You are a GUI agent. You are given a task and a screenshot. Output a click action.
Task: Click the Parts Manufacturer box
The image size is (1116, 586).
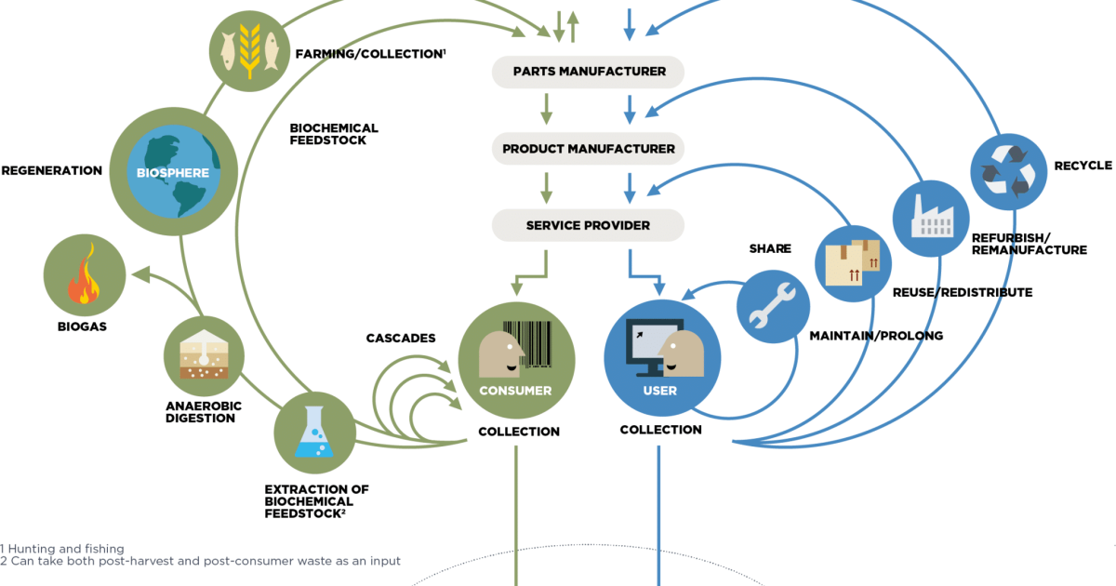click(x=588, y=72)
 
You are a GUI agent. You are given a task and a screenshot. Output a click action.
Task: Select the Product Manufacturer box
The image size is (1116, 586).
click(x=588, y=149)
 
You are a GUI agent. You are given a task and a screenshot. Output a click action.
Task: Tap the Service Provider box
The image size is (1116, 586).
click(x=588, y=225)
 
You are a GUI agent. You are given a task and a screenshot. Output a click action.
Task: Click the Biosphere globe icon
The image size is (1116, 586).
click(x=174, y=173)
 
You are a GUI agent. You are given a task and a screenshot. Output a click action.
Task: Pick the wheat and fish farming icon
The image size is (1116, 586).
click(x=248, y=51)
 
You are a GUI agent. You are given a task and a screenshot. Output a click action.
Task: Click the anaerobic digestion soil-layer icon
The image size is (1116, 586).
click(x=204, y=357)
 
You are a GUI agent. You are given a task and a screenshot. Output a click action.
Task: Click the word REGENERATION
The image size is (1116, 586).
click(x=52, y=171)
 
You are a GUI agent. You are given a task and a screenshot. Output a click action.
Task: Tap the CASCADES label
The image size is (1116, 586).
click(x=401, y=339)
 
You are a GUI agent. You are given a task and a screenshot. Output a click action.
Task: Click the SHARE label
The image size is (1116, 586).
click(x=770, y=249)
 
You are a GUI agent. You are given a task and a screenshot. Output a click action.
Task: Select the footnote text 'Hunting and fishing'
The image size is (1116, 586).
click(x=66, y=549)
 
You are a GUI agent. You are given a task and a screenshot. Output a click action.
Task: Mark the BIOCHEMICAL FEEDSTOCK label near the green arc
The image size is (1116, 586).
click(x=334, y=134)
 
